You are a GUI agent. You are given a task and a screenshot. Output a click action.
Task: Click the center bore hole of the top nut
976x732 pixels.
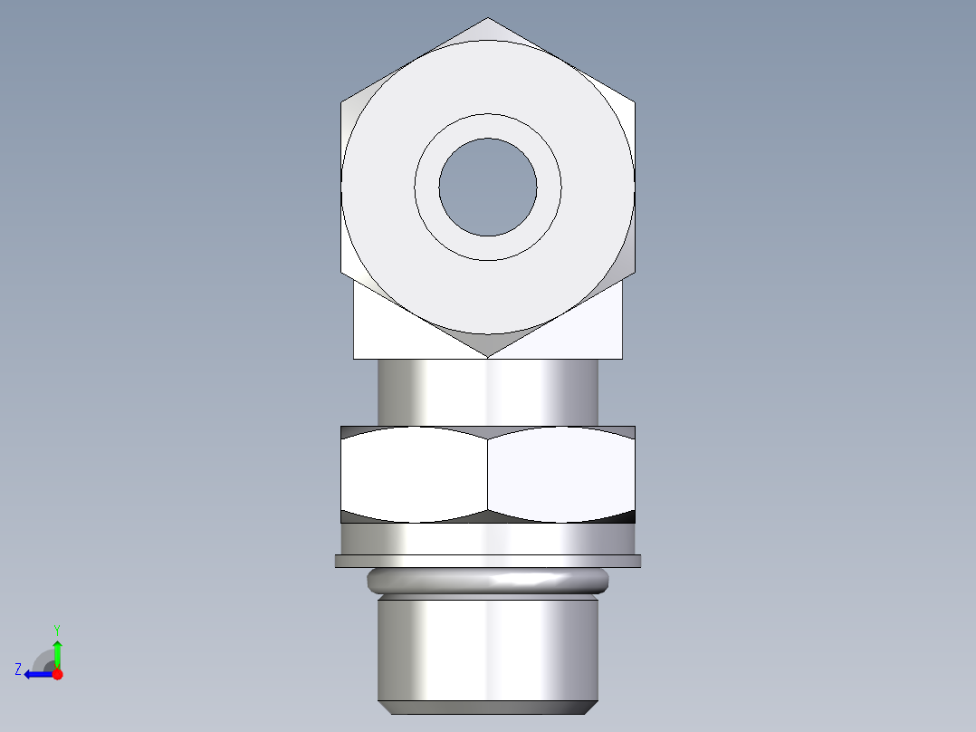pos(488,187)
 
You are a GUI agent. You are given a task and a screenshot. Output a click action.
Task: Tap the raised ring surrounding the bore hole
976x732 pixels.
pos(488,125)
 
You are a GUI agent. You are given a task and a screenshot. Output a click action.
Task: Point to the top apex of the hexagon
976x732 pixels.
pos(488,18)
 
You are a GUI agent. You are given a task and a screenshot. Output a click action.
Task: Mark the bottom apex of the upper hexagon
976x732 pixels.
pos(488,356)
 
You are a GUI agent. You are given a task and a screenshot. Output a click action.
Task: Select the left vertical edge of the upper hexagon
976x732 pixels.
pos(341,187)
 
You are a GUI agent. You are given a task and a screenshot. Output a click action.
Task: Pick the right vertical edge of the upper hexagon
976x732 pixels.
pos(635,187)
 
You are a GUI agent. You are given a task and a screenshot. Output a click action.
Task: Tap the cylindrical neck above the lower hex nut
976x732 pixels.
pos(488,391)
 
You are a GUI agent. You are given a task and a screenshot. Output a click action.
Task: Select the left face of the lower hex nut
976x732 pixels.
pos(415,474)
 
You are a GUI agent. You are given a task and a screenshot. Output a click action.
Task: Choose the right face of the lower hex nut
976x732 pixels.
pos(561,474)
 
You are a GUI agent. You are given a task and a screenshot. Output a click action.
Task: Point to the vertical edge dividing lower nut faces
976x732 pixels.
pos(488,474)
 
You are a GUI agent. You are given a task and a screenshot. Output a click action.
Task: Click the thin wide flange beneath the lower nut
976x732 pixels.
pos(488,561)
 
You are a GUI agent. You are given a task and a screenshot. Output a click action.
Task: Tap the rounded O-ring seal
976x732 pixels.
pos(488,580)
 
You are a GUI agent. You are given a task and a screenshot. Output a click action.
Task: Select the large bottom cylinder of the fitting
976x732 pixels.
pos(488,647)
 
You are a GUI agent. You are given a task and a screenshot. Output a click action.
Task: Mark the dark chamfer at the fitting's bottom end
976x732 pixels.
pos(488,708)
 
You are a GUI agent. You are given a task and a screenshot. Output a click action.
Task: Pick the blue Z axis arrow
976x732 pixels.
pos(36,674)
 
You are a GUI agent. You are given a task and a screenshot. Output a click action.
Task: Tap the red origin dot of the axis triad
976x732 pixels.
pos(57,674)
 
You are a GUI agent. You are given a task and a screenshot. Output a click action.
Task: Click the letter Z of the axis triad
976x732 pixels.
pos(18,669)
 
